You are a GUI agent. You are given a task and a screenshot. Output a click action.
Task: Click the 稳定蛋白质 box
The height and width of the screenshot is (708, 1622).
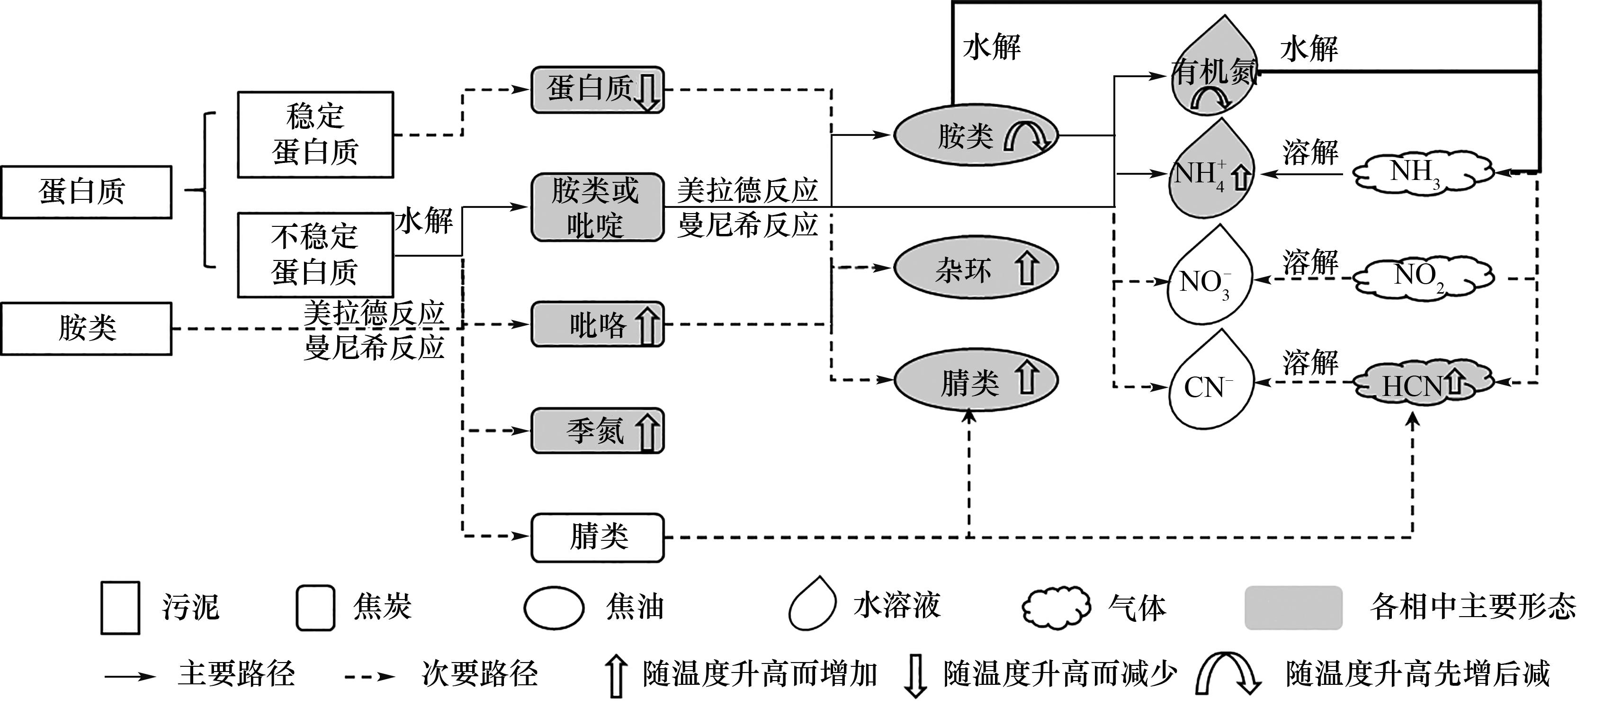pyautogui.click(x=315, y=134)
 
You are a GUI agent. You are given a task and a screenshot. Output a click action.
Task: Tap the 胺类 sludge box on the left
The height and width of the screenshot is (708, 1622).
pyautogui.click(x=86, y=328)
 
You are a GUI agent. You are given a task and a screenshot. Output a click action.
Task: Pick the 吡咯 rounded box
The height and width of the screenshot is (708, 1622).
pyautogui.click(x=597, y=324)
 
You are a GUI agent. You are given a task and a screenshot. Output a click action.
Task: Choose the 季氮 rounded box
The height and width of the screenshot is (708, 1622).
pyautogui.click(x=597, y=431)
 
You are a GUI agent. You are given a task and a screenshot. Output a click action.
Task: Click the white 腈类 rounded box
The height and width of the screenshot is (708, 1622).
pyautogui.click(x=597, y=538)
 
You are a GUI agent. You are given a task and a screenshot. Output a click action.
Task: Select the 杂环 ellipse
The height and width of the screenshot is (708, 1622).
pyautogui.click(x=976, y=269)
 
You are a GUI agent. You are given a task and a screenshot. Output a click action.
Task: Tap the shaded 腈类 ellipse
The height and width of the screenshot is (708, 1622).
pyautogui.click(x=976, y=380)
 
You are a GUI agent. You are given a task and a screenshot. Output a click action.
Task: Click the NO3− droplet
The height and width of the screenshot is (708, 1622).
pyautogui.click(x=1209, y=281)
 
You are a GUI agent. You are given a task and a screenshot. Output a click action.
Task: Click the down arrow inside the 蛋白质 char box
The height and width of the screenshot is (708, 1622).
pyautogui.click(x=646, y=91)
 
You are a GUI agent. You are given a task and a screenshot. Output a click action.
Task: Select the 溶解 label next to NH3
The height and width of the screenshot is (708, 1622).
pyautogui.click(x=1310, y=153)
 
